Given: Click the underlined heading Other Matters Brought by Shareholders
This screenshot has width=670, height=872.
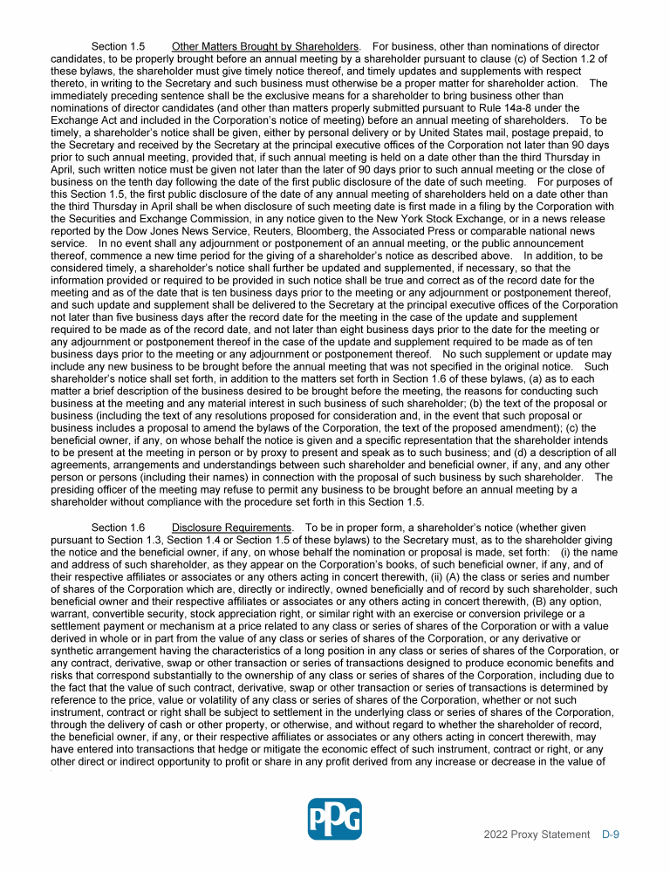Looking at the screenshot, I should point(266,46).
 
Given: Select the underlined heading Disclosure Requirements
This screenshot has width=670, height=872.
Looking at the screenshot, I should point(231,528).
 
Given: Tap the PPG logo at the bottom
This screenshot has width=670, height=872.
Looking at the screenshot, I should point(334,820).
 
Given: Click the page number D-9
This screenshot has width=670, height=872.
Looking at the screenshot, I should point(611,835).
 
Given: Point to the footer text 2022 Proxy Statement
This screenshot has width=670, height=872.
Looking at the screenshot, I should point(537,835).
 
